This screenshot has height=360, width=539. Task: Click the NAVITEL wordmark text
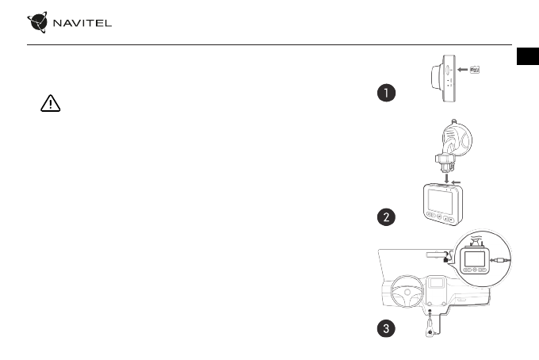(x=82, y=22)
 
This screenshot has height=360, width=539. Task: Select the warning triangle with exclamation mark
(x=48, y=105)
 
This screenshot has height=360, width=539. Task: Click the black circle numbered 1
(x=385, y=94)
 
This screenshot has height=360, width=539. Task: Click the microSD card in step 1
(x=476, y=70)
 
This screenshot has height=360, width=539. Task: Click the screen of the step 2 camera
(x=438, y=201)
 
